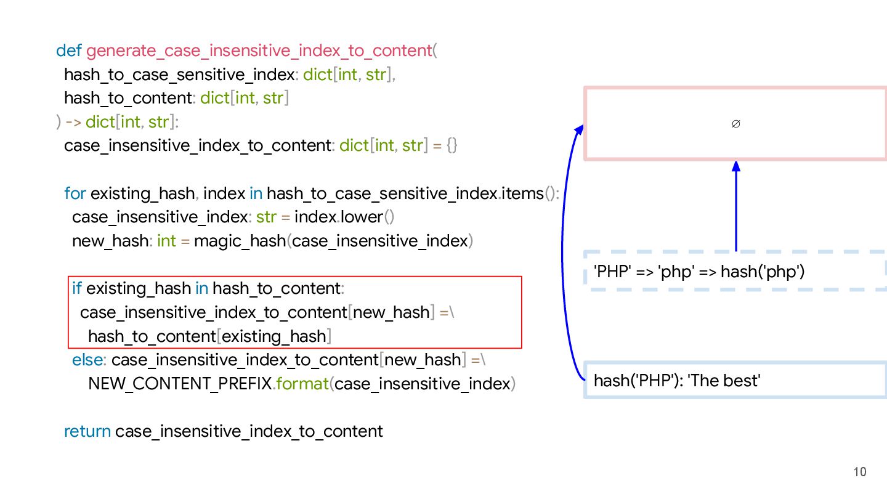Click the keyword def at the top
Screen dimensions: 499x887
pos(69,51)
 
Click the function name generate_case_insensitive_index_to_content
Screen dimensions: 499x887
pos(259,51)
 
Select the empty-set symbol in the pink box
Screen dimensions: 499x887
pos(735,124)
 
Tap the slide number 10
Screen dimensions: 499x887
pos(860,472)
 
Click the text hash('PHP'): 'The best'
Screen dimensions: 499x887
pos(677,381)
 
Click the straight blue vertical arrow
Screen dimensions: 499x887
pos(735,206)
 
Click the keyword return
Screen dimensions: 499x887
pos(87,431)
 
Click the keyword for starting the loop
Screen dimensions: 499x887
pos(75,193)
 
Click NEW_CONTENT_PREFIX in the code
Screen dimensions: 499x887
pos(180,384)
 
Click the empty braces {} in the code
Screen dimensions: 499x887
pos(452,146)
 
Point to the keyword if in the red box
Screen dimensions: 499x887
pos(77,288)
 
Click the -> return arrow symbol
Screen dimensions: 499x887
pos(73,122)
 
